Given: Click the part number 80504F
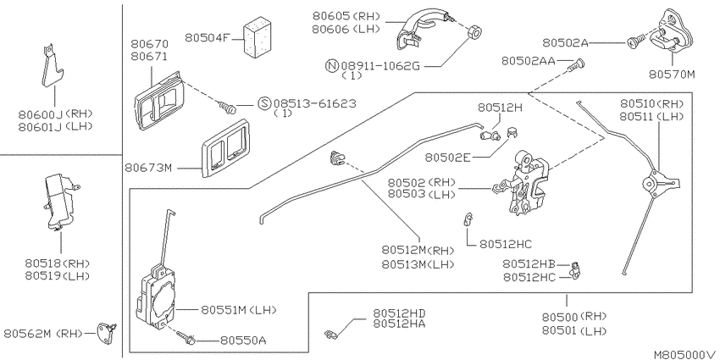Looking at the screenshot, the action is [207, 37].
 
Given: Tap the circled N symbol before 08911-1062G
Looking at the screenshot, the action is [331, 66].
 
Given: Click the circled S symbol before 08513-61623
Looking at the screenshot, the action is [264, 104].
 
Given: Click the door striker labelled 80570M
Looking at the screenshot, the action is [674, 30].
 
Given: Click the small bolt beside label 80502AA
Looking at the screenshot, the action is [576, 65].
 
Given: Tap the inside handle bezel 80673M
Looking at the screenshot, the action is [225, 148].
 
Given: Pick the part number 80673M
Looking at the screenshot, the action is [148, 168].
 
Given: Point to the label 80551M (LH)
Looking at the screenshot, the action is [238, 310].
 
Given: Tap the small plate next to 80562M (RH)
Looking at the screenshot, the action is [106, 334].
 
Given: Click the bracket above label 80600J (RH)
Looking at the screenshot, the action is [52, 68].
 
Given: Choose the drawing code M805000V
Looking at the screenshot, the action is [685, 354].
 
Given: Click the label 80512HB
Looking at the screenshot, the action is [529, 264].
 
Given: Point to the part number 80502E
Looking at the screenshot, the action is [448, 158].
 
